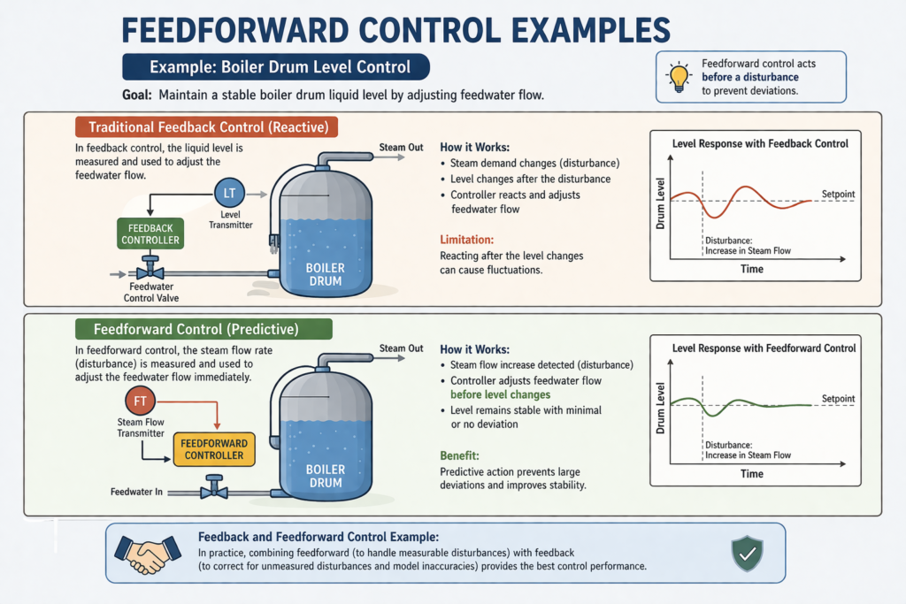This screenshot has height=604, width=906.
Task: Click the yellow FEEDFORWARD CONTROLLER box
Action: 212,449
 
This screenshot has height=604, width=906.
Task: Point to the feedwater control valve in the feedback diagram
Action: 153,271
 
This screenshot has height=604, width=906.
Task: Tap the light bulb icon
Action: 679,77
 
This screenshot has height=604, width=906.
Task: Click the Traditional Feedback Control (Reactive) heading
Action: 208,127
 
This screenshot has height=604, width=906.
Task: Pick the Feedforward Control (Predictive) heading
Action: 203,329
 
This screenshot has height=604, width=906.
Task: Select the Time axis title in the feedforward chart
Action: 751,474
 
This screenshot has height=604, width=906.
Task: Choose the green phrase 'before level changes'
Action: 500,394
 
